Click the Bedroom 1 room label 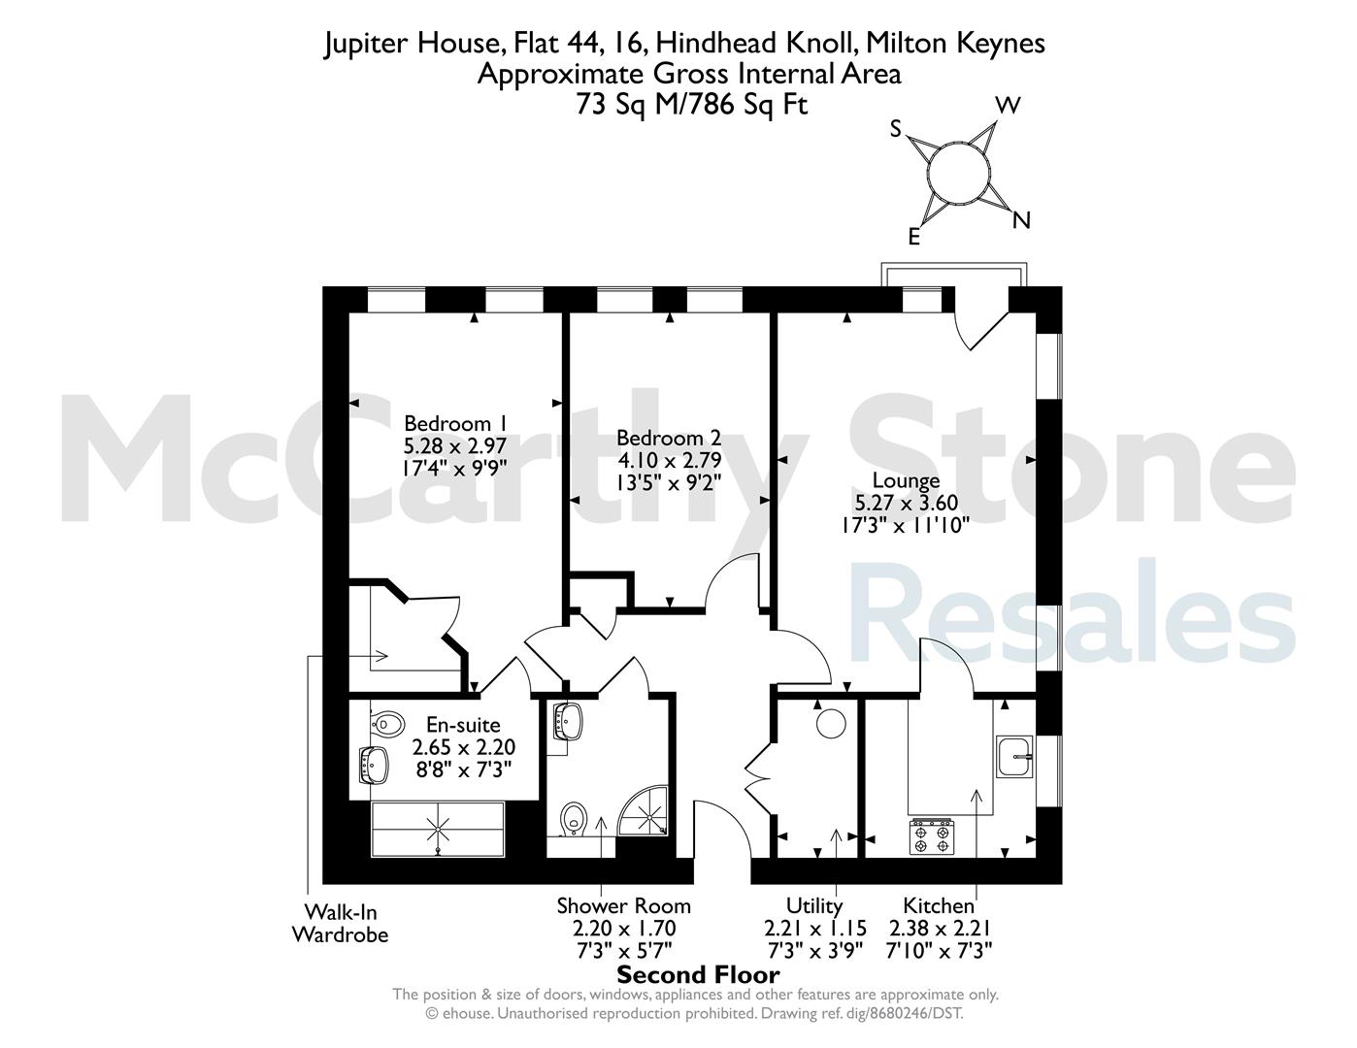tap(454, 423)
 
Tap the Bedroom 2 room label tap(669, 438)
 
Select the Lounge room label tap(906, 480)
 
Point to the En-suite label tap(463, 725)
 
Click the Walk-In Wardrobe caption tap(341, 923)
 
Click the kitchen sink tap(1014, 757)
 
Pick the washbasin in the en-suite tap(374, 765)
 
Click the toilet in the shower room tap(574, 819)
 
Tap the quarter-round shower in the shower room tap(644, 810)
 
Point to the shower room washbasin tap(568, 721)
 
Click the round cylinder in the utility tap(831, 724)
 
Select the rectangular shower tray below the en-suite tap(437, 830)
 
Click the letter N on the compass tap(1020, 220)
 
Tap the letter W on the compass tap(1008, 106)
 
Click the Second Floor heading tap(698, 974)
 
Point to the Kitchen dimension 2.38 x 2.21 tap(939, 928)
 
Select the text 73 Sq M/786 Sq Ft tap(691, 104)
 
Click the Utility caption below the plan tap(814, 905)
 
